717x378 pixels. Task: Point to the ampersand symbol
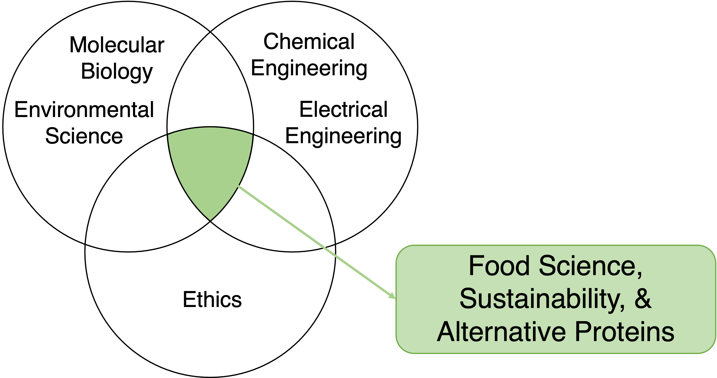[x=643, y=299]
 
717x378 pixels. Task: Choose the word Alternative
[x=501, y=332]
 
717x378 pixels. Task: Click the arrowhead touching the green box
[x=392, y=296]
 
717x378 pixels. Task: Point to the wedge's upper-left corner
[x=169, y=136]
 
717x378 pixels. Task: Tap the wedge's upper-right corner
[x=252, y=136]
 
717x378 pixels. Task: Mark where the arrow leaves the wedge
[x=238, y=186]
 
